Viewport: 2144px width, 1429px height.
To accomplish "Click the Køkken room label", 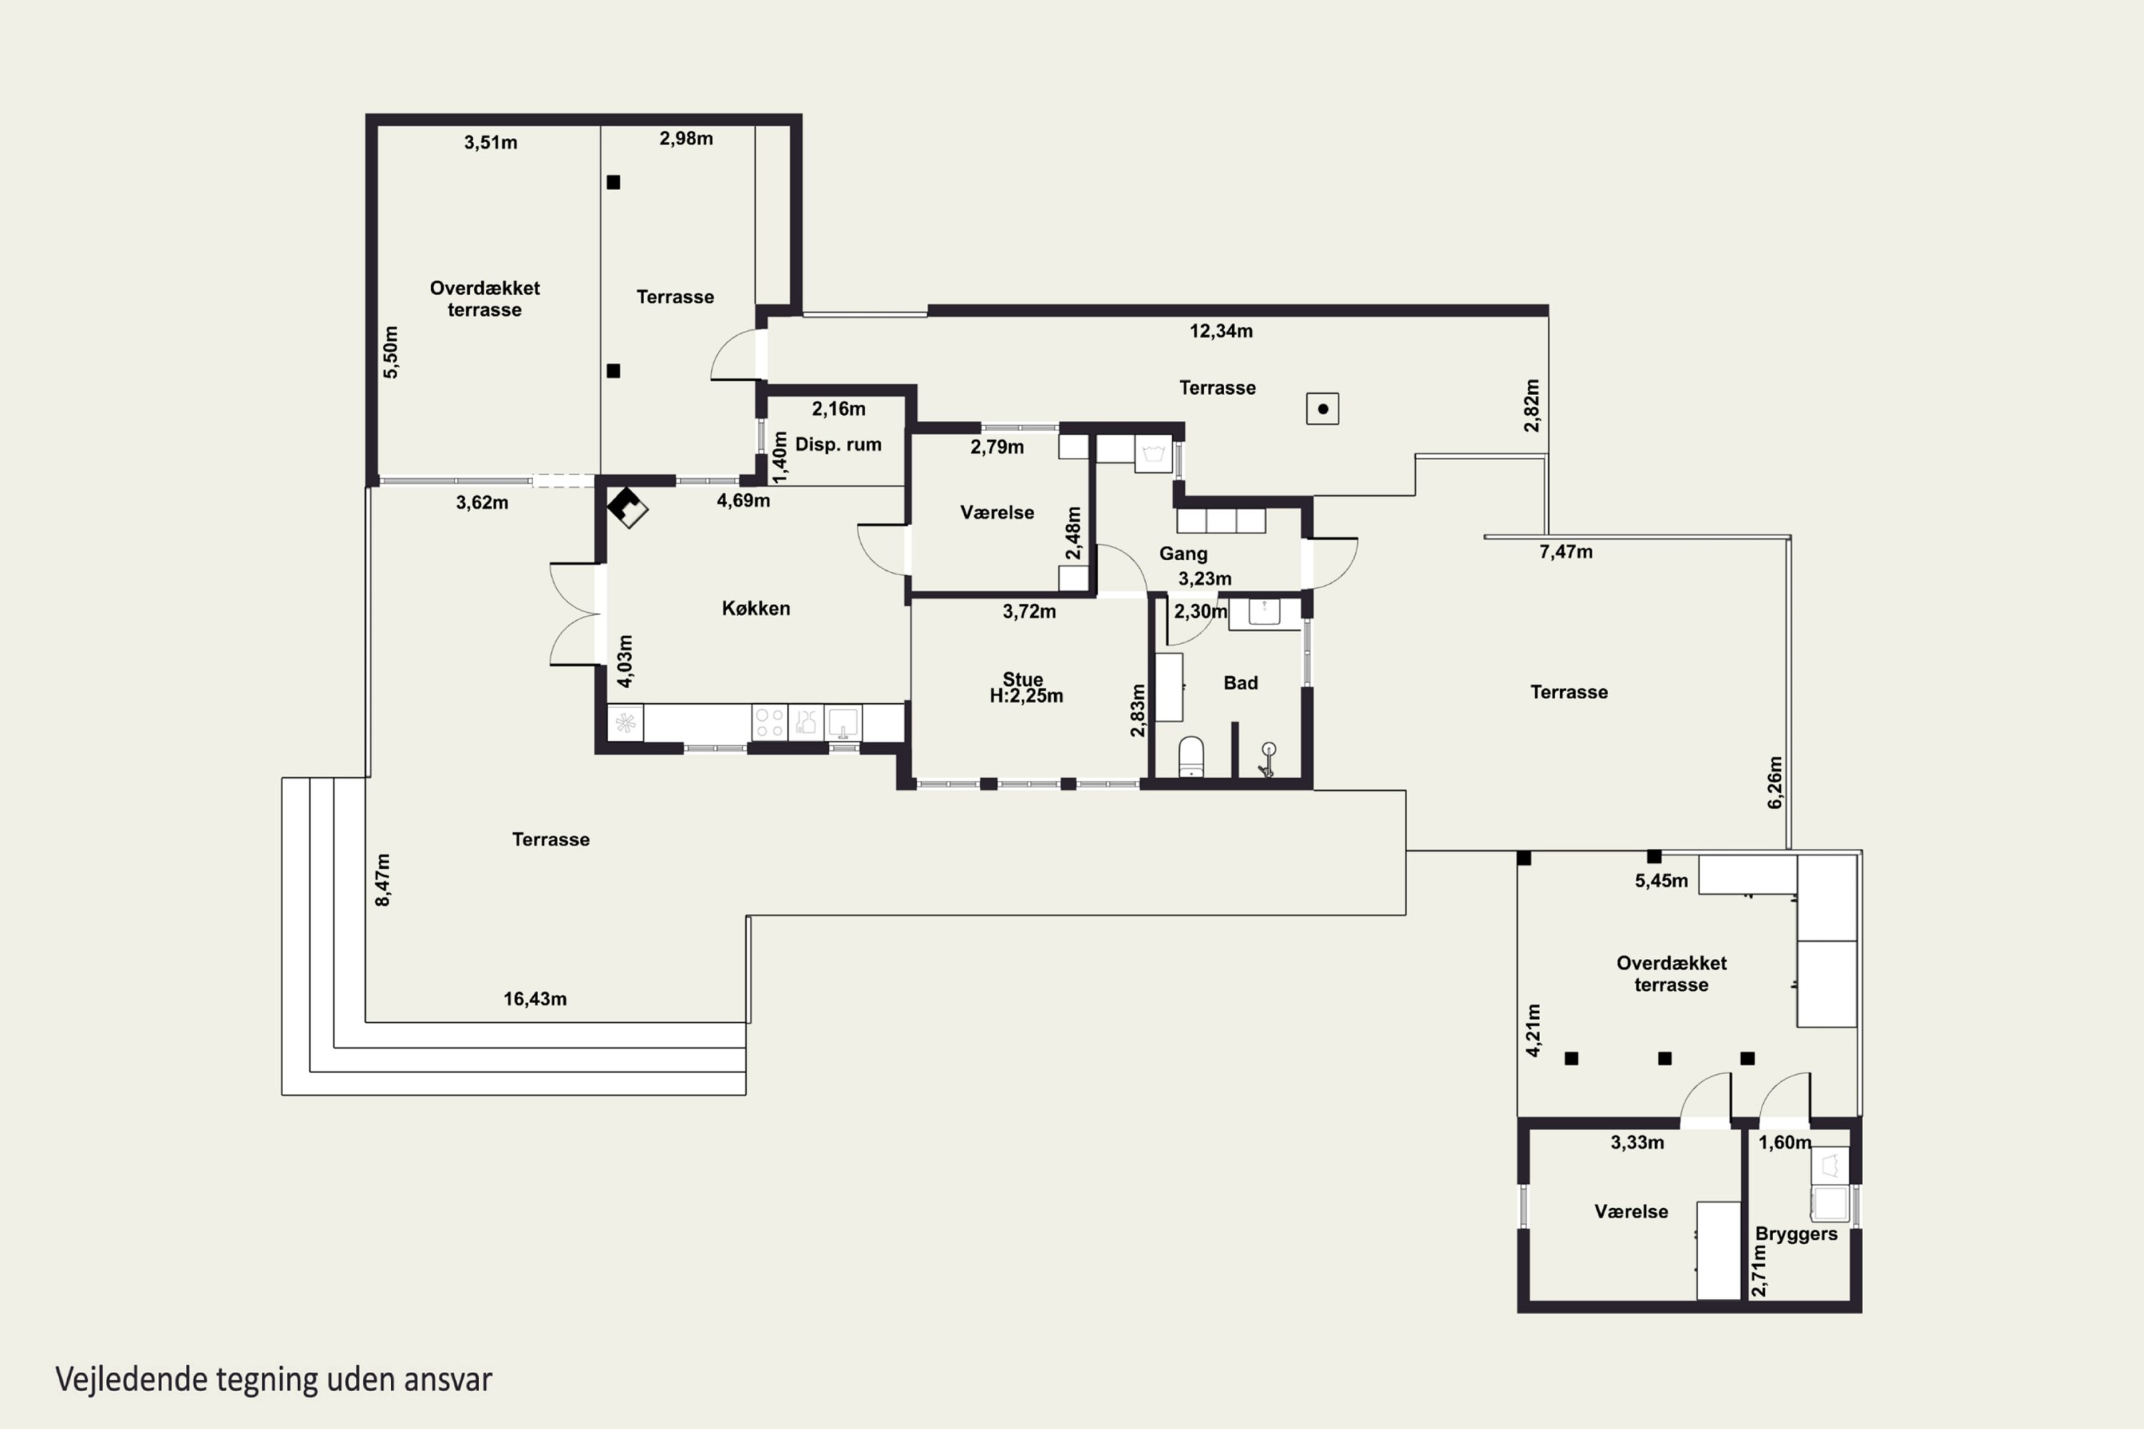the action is point(755,609).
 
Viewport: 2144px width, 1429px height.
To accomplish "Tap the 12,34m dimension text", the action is point(1221,332).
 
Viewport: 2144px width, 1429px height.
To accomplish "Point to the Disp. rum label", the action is point(838,444).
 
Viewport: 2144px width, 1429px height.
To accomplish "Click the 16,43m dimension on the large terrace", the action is point(535,1000).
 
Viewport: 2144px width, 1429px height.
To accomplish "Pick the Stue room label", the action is point(1023,679).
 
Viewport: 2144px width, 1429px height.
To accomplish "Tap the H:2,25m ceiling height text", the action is point(1026,696).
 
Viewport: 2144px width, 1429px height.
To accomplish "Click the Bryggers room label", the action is point(1796,1235).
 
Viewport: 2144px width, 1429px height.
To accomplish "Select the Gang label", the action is point(1183,554).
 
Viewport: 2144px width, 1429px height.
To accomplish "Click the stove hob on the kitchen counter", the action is point(770,722).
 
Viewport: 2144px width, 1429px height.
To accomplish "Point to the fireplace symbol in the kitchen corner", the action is point(627,507).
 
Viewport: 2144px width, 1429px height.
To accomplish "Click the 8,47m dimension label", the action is point(383,880).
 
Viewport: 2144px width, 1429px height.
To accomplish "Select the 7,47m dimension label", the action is point(1566,552).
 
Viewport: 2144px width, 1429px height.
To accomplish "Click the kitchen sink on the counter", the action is point(843,722).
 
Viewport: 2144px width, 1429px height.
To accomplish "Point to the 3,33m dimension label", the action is point(1637,1142).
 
